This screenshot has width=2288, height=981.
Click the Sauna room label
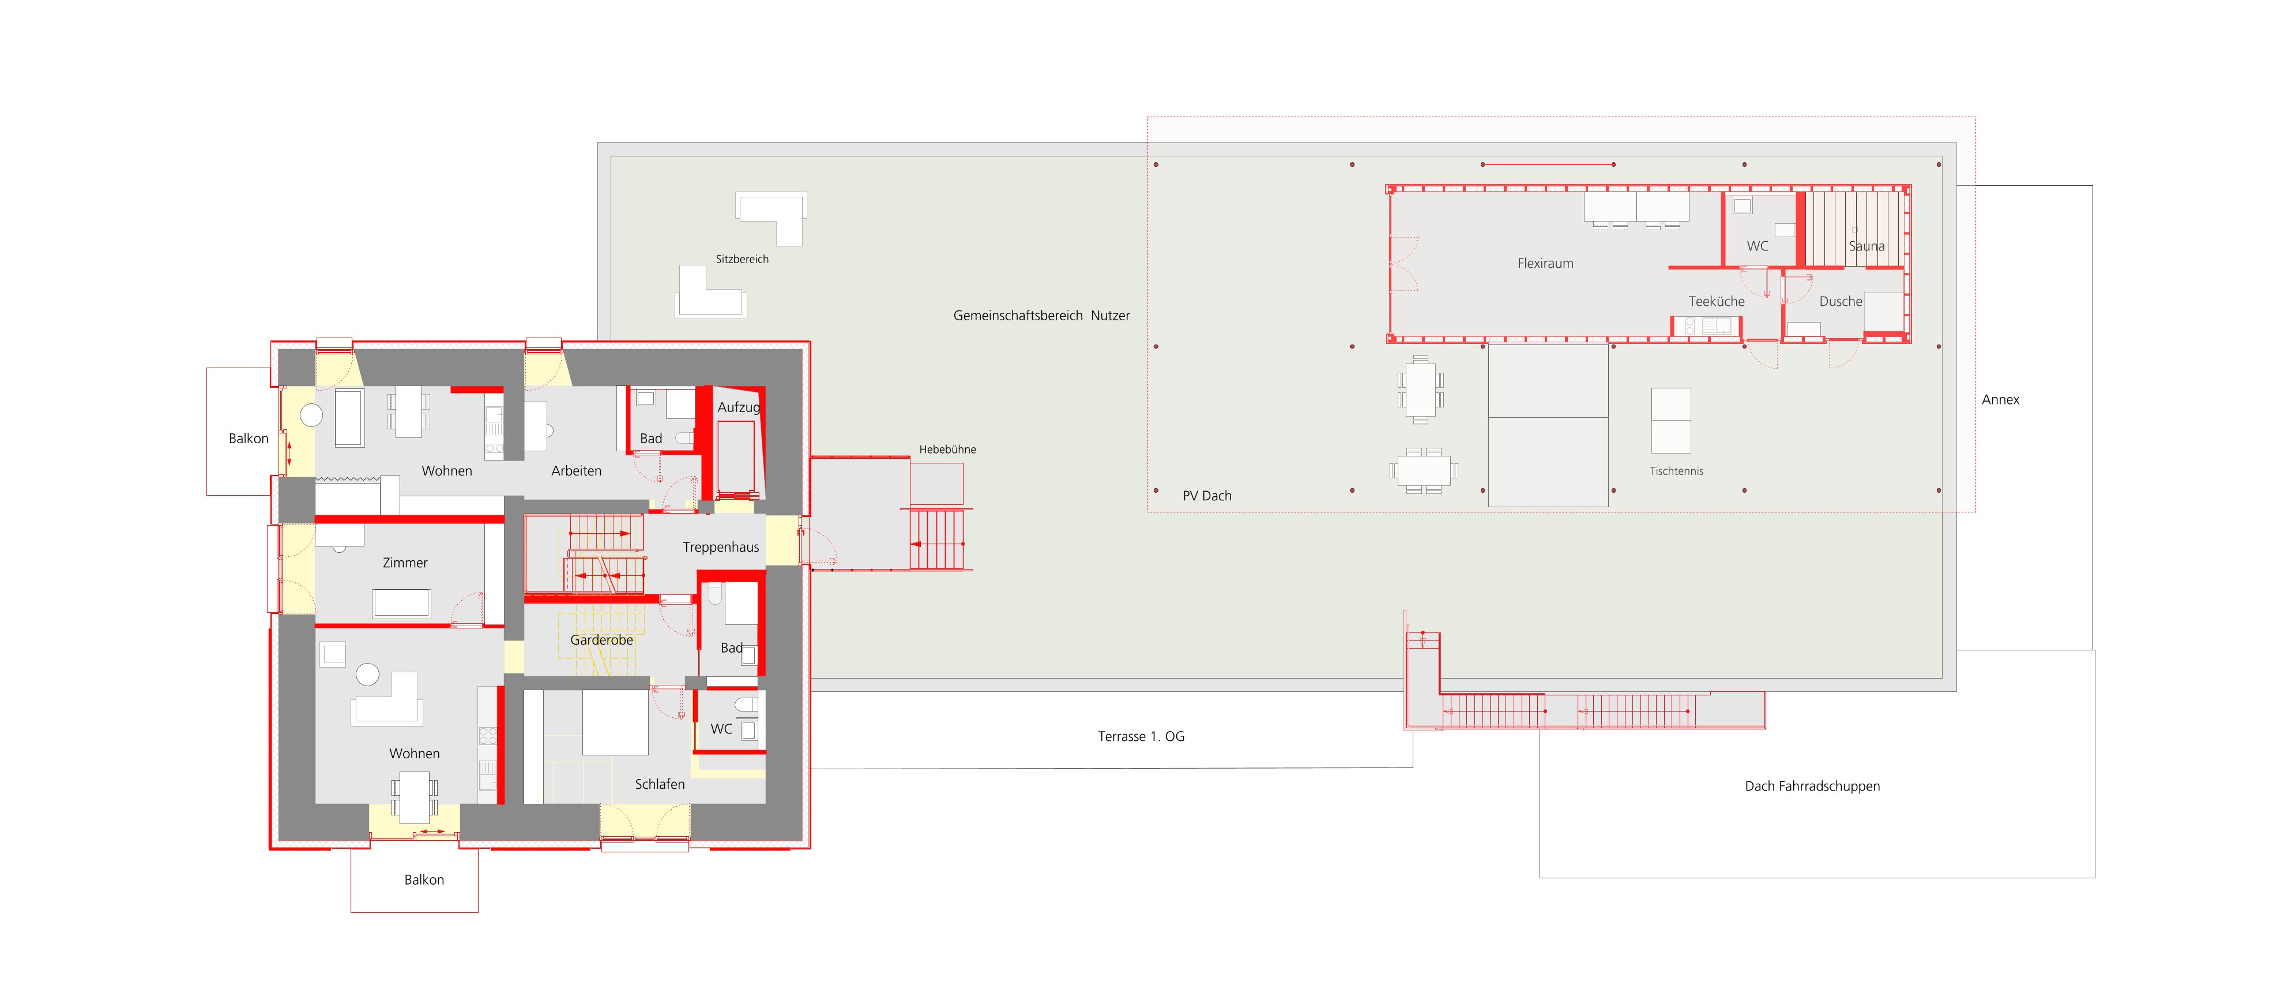pos(1866,246)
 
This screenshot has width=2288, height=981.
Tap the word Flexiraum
pos(1545,263)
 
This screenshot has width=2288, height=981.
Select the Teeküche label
pos(1716,301)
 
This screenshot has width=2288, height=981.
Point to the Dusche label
pos(1841,301)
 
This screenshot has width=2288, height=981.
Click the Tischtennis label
pos(1676,471)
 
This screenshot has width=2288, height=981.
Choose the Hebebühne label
pos(947,450)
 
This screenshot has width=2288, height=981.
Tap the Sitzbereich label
pos(742,260)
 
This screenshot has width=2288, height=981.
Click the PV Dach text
pos(1207,496)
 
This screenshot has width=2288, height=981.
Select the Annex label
pos(2000,400)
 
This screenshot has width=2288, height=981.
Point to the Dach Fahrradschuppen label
pos(1812,787)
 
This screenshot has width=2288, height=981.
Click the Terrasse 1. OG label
pos(1141,737)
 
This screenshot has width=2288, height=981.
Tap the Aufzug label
pos(738,407)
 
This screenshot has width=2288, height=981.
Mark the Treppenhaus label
pos(720,548)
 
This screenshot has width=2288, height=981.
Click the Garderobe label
pos(601,640)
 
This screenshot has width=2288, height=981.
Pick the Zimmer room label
pos(405,563)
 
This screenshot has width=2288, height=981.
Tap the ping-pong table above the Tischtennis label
pos(1670,420)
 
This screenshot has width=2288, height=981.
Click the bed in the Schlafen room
pos(615,722)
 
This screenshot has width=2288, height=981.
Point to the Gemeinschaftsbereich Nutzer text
pos(1041,316)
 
